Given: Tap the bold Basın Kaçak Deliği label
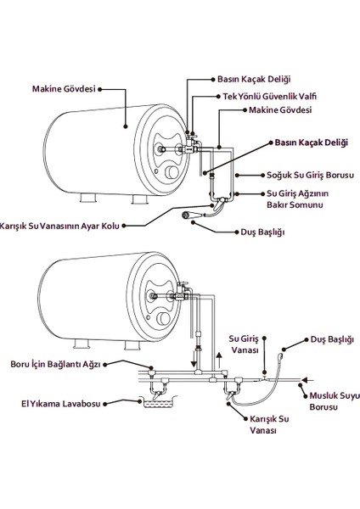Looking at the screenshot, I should (311, 144).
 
